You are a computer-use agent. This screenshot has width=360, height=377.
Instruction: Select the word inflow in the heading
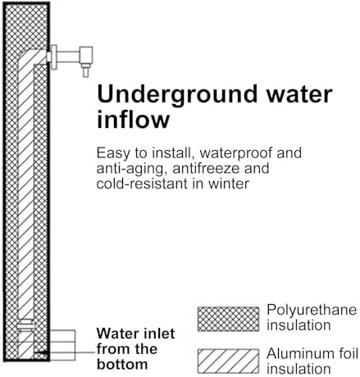pos(134,119)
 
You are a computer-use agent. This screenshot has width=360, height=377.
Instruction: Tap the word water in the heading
pos(299,94)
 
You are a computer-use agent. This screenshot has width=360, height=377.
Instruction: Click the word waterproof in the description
pos(236,153)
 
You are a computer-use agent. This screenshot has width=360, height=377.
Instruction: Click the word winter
pos(229,184)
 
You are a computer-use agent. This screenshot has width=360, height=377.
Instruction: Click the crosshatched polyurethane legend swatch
pos(228,319)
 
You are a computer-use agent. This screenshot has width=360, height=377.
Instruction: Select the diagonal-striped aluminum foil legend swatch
pos(228,361)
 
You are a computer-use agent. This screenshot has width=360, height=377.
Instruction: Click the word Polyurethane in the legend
pos(312,311)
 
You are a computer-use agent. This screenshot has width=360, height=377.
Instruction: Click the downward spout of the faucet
pos(86,70)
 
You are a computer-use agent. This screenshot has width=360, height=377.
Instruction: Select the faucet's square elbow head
pos(86,56)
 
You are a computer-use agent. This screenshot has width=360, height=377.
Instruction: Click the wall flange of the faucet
pos(54,57)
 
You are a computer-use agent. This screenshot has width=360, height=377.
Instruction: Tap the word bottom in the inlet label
pos(122,365)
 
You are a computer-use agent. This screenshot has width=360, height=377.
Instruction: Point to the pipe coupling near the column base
pos(25,325)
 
